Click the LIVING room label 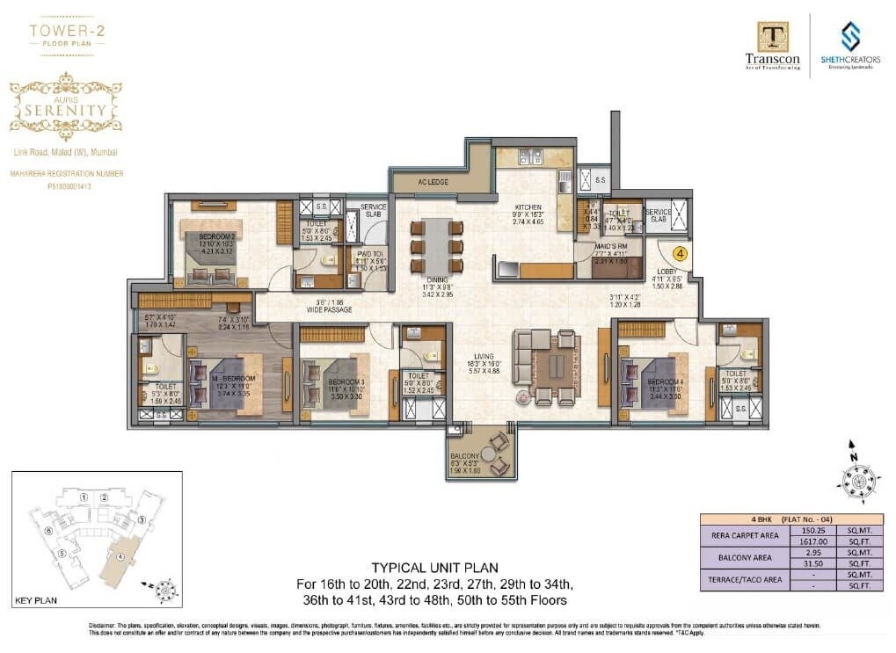485,356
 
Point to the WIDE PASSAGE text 331,309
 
